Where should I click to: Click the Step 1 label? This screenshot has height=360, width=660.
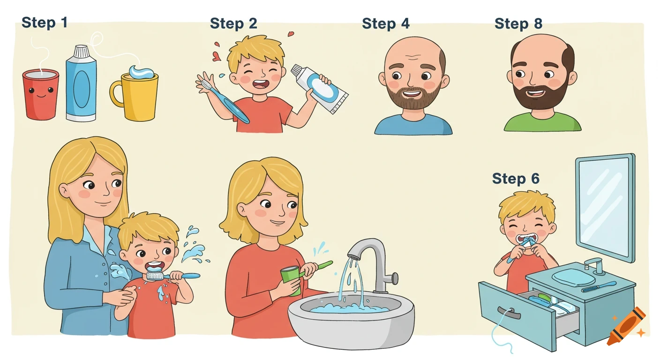coord(45,22)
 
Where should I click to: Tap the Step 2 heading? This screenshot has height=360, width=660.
coord(233,23)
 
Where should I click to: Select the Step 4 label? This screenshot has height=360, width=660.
coord(385,24)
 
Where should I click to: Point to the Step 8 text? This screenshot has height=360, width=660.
coord(518,24)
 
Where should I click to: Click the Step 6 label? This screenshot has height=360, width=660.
coord(516,179)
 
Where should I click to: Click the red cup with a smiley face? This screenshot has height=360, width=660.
coord(41,94)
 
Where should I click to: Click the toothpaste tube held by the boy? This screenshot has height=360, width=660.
coord(321,89)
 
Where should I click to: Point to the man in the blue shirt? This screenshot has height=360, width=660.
coord(413,89)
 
